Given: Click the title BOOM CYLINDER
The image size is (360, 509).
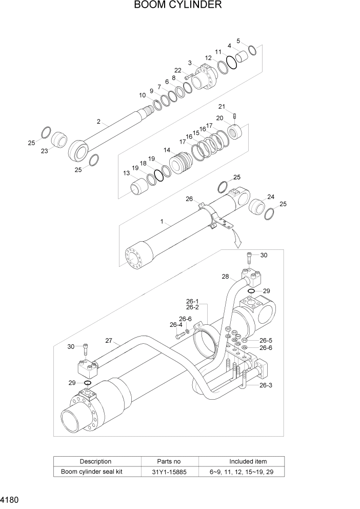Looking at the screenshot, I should pyautogui.click(x=178, y=6).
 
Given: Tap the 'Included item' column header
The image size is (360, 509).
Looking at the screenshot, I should pyautogui.click(x=241, y=461).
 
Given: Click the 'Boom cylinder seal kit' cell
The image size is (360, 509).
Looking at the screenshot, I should pyautogui.click(x=95, y=472).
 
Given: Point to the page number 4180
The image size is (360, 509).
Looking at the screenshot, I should pyautogui.click(x=11, y=499).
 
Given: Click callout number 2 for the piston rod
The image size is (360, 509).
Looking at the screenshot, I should pyautogui.click(x=98, y=122).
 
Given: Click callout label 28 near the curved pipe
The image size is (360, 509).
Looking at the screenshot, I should pyautogui.click(x=225, y=277).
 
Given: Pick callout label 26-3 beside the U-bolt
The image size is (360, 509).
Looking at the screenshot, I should pyautogui.click(x=266, y=386).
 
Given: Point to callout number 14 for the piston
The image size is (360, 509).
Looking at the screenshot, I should pyautogui.click(x=167, y=150).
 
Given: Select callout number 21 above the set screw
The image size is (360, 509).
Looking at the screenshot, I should pyautogui.click(x=222, y=106).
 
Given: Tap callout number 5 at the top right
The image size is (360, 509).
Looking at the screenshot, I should pyautogui.click(x=238, y=41).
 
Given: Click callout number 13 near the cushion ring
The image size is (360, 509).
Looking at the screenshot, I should pyautogui.click(x=126, y=173).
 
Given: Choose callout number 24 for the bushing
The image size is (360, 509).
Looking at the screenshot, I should pyautogui.click(x=271, y=197).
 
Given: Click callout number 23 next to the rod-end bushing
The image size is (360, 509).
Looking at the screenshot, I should pyautogui.click(x=44, y=151).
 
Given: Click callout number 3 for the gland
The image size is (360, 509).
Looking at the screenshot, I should pyautogui.click(x=189, y=63).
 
